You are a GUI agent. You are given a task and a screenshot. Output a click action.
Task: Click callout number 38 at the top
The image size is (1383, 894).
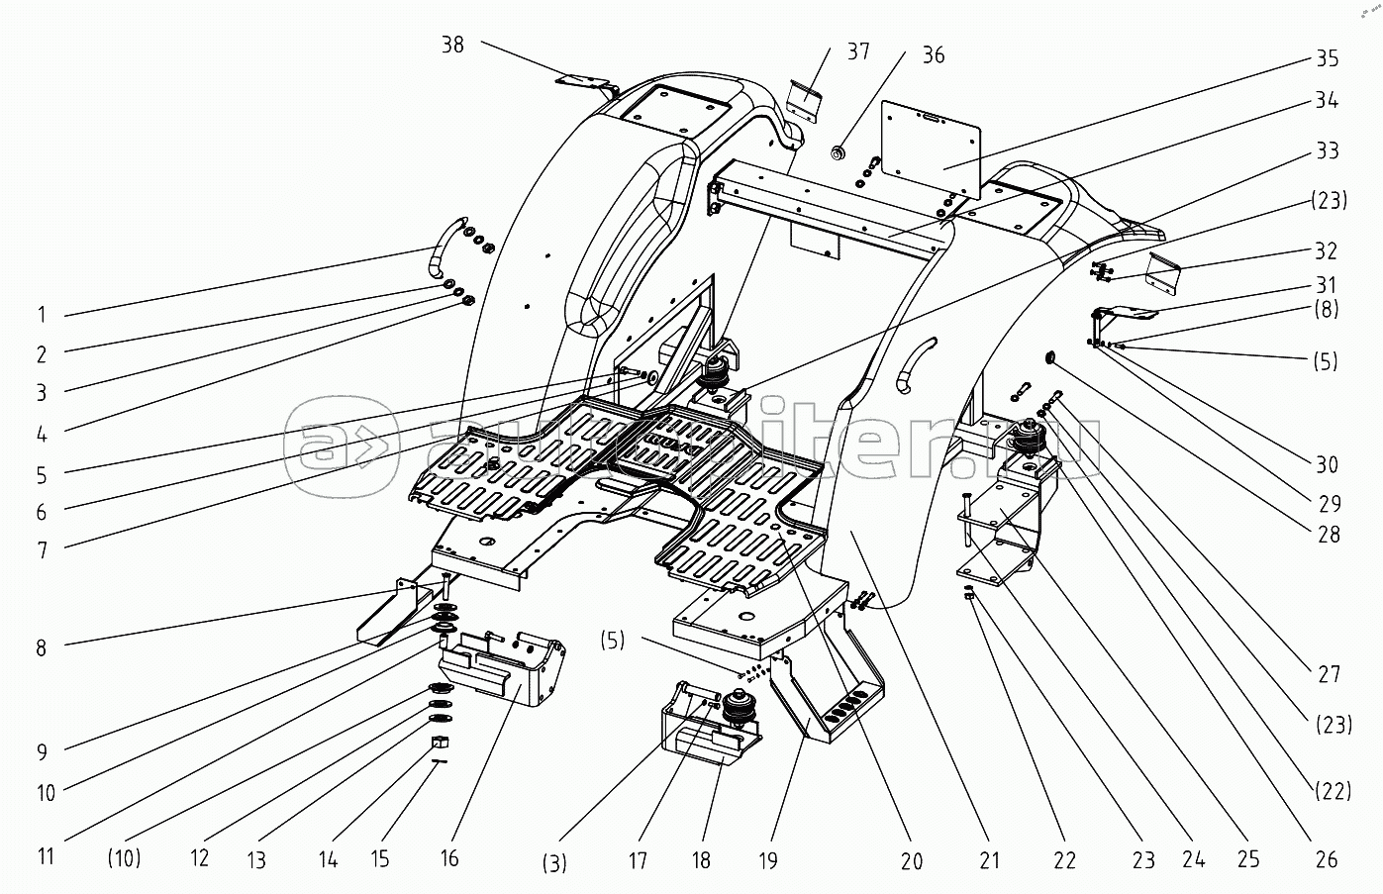[x=452, y=46]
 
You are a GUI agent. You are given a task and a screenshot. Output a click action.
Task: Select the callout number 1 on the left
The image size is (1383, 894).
[x=42, y=316]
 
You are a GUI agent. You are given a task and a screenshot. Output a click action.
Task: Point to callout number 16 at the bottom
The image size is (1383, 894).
[x=449, y=857]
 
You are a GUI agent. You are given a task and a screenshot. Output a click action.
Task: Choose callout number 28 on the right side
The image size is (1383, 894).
[x=1329, y=535]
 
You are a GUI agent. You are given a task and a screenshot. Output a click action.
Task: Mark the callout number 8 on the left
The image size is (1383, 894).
[x=42, y=648]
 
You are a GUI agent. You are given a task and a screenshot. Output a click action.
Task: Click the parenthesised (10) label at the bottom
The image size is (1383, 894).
[x=124, y=857]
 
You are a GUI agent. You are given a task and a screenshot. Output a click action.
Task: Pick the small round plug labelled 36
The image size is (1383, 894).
[x=839, y=151]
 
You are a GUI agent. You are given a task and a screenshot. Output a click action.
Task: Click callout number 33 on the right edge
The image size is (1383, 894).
[x=1328, y=150]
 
